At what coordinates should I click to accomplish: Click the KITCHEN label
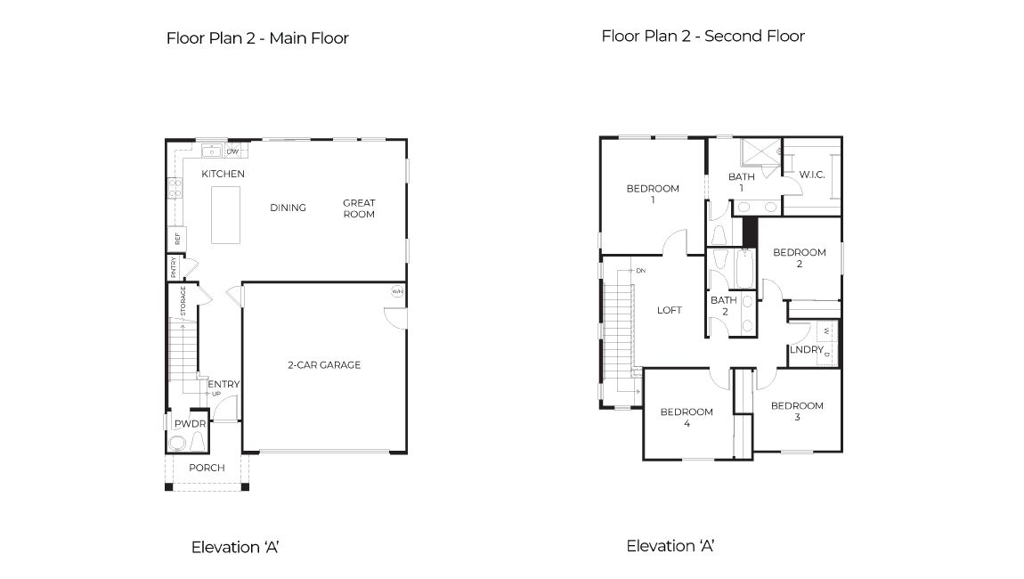223,174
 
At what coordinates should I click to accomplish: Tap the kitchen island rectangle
226,215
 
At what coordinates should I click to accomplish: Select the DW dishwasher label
232,151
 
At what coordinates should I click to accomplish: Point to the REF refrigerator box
178,239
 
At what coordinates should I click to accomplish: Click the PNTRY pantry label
174,268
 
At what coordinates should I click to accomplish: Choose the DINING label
288,208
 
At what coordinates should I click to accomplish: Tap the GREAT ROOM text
359,208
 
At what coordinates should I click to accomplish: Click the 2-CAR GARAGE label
323,364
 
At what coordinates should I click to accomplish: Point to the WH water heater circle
396,291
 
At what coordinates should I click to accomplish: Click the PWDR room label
190,424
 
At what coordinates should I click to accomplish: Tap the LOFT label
670,310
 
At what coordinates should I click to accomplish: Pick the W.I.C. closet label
811,174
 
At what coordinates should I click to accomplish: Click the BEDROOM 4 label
687,418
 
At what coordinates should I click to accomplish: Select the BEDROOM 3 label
797,412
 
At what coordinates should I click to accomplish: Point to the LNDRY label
807,350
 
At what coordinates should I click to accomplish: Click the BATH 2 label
724,306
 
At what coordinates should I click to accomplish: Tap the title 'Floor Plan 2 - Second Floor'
703,37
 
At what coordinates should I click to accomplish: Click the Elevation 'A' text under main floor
236,547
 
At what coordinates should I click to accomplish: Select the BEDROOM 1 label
653,194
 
